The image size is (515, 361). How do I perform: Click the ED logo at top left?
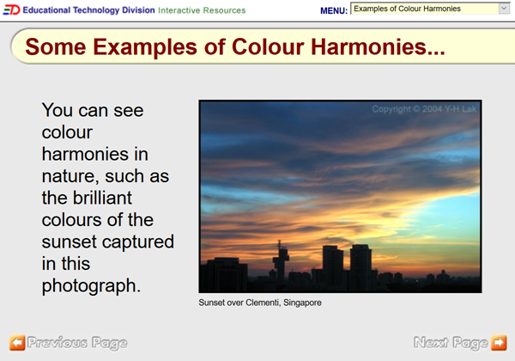click(10, 9)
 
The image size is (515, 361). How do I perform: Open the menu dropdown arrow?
click(503, 9)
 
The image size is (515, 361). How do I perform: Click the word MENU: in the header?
click(334, 10)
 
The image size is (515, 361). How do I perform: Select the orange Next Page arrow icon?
click(499, 343)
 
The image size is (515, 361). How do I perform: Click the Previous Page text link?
click(77, 343)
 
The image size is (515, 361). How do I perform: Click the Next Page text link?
click(451, 343)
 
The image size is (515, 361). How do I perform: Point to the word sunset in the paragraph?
click(70, 242)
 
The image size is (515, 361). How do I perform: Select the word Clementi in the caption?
click(259, 303)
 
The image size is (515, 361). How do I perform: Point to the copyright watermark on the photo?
click(424, 110)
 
